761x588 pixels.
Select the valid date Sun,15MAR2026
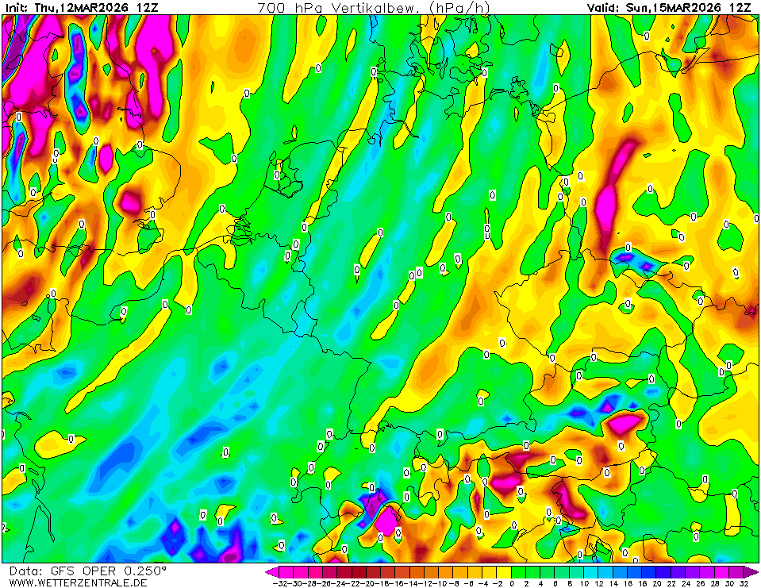point(679,7)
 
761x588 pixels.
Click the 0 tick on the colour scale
point(513,582)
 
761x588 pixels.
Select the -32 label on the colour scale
point(279,582)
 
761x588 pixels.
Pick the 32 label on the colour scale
point(744,582)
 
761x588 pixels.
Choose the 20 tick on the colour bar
point(657,582)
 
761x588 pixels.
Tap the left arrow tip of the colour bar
point(268,571)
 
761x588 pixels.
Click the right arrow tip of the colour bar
point(756,571)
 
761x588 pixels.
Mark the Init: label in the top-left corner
point(17,7)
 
